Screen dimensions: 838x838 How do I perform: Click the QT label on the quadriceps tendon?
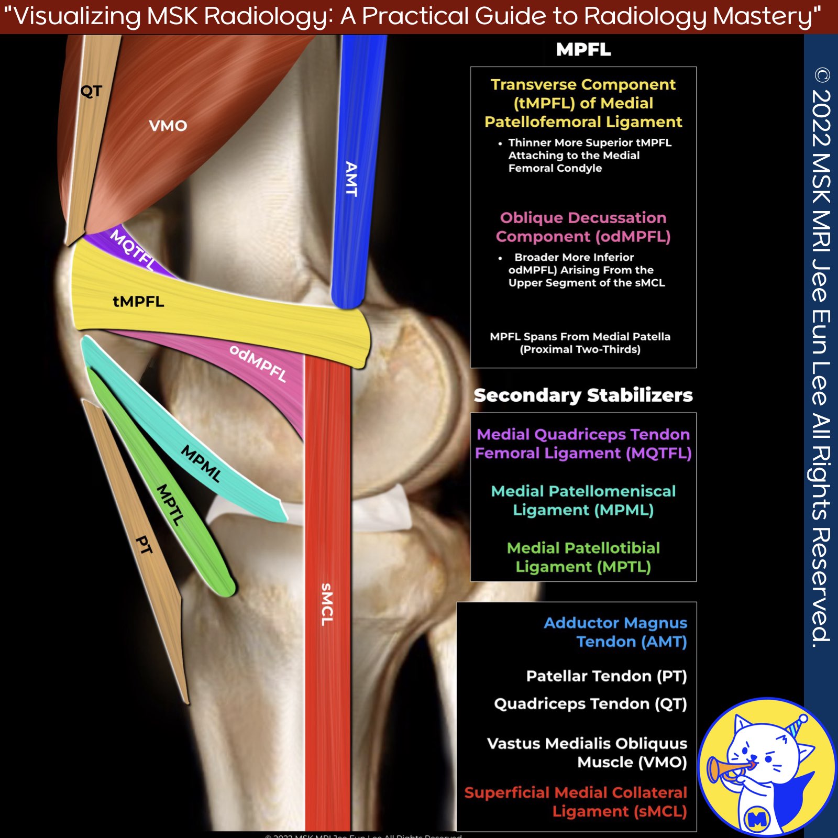pyautogui.click(x=91, y=91)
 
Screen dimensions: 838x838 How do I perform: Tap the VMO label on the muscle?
pyautogui.click(x=168, y=126)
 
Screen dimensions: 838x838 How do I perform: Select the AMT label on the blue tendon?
pyautogui.click(x=351, y=179)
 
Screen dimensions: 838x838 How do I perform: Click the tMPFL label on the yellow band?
pyautogui.click(x=138, y=302)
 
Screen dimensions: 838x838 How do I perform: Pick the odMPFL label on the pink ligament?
pyautogui.click(x=258, y=363)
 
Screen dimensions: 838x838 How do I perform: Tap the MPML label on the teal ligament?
pyautogui.click(x=201, y=463)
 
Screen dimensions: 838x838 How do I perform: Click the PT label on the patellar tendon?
pyautogui.click(x=144, y=545)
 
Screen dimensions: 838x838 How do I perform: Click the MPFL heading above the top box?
pyautogui.click(x=583, y=50)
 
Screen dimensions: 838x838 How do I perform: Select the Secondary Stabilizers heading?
pyautogui.click(x=583, y=395)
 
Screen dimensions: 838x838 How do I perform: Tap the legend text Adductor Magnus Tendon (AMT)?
pyautogui.click(x=615, y=632)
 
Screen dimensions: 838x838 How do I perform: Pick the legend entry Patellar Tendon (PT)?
pyautogui.click(x=606, y=676)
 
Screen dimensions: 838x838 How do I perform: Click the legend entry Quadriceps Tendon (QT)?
pyautogui.click(x=590, y=704)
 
